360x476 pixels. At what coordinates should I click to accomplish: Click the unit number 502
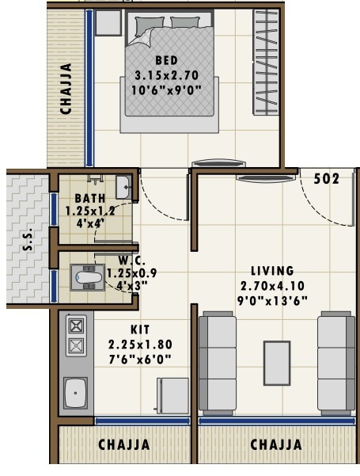point(327,179)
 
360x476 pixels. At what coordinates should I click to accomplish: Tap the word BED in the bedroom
point(166,60)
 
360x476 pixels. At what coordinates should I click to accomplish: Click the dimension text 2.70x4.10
point(271,285)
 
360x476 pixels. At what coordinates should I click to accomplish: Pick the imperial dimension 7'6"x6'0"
point(140,359)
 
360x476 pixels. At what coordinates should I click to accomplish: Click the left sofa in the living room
point(216,363)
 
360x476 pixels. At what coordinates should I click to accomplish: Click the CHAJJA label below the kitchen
point(123,445)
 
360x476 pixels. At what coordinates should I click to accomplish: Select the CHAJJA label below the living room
point(276,445)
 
